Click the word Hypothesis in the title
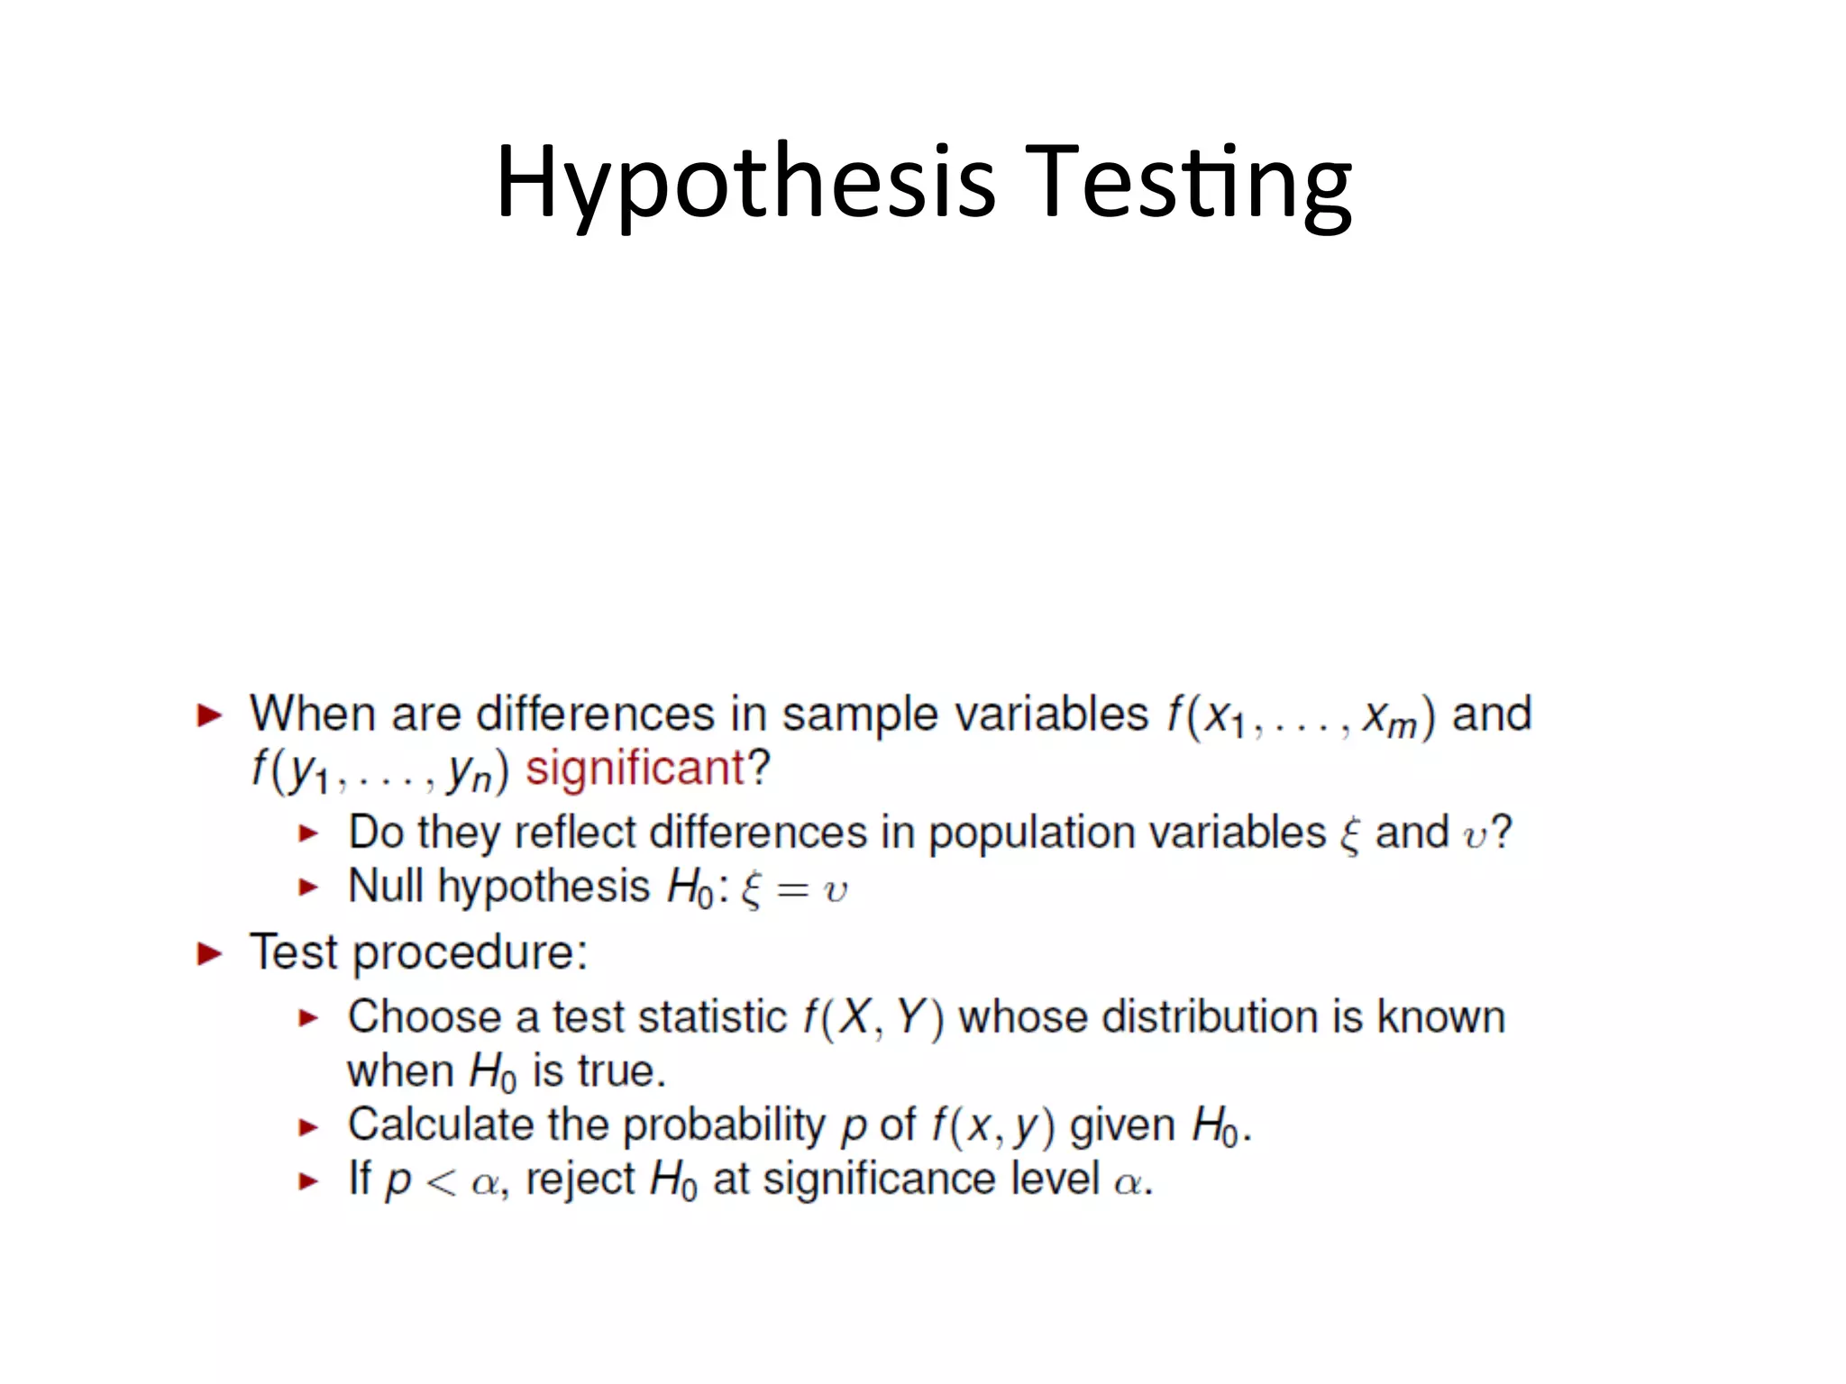[745, 183]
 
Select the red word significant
[635, 769]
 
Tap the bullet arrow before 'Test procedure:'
[210, 953]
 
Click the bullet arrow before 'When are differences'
[210, 716]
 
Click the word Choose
[424, 1017]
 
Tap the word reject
[580, 1179]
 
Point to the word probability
[723, 1125]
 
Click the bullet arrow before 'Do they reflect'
[309, 833]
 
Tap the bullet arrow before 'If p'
[309, 1181]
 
